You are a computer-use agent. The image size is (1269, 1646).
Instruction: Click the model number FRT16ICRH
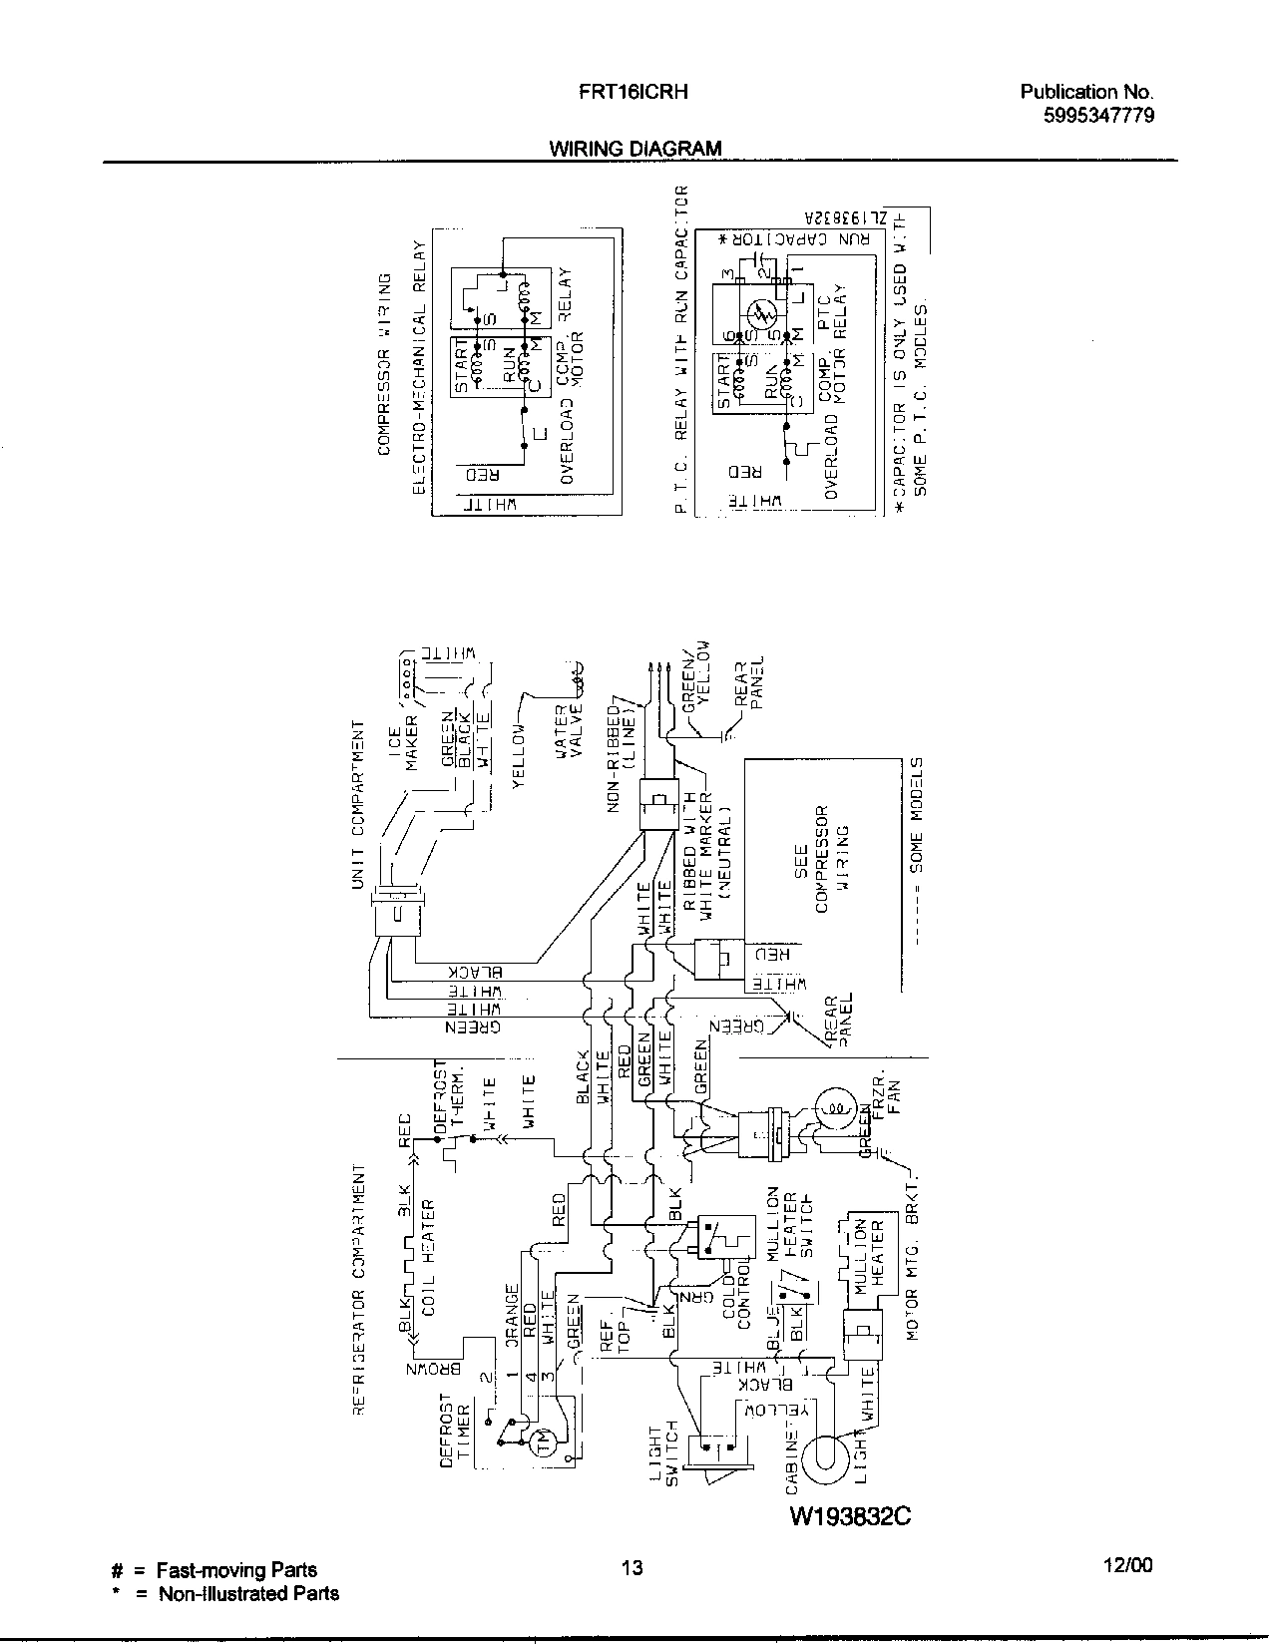tap(634, 92)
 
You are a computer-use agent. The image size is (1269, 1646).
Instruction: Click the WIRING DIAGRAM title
tap(635, 149)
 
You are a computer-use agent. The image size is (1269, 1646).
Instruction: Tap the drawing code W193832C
tap(851, 1516)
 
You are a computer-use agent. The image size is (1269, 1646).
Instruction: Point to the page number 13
tap(632, 1567)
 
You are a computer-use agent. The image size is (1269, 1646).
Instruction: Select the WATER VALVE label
tap(568, 732)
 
